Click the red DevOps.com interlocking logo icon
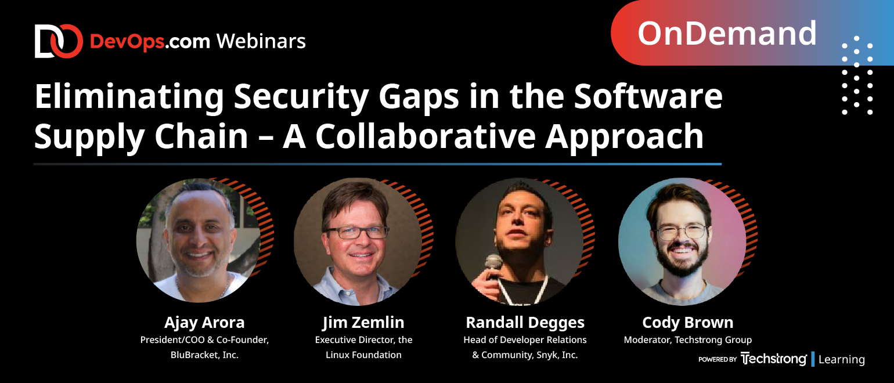coord(59,41)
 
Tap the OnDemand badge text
coord(727,33)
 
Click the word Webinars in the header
coord(261,41)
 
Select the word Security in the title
coord(301,97)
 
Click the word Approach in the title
coord(624,138)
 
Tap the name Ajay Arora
coord(204,323)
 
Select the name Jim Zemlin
coord(363,323)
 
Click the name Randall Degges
coord(525,323)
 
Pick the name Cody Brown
coord(688,323)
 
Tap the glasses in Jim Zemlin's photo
coord(356,232)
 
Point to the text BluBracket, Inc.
coord(204,355)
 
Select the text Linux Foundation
coord(363,355)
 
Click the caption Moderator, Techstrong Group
coord(688,340)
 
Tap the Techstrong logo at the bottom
coord(773,359)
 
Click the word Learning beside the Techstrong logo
coord(842,359)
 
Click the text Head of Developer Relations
coord(525,340)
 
